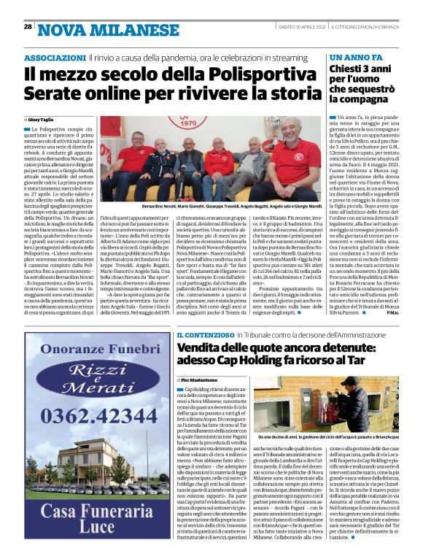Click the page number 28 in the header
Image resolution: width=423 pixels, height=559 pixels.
[x=28, y=26]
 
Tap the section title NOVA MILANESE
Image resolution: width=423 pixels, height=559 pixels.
[x=90, y=29]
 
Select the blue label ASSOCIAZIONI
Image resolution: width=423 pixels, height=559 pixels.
[x=55, y=57]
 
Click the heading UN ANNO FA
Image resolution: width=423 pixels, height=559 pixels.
[x=353, y=57]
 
